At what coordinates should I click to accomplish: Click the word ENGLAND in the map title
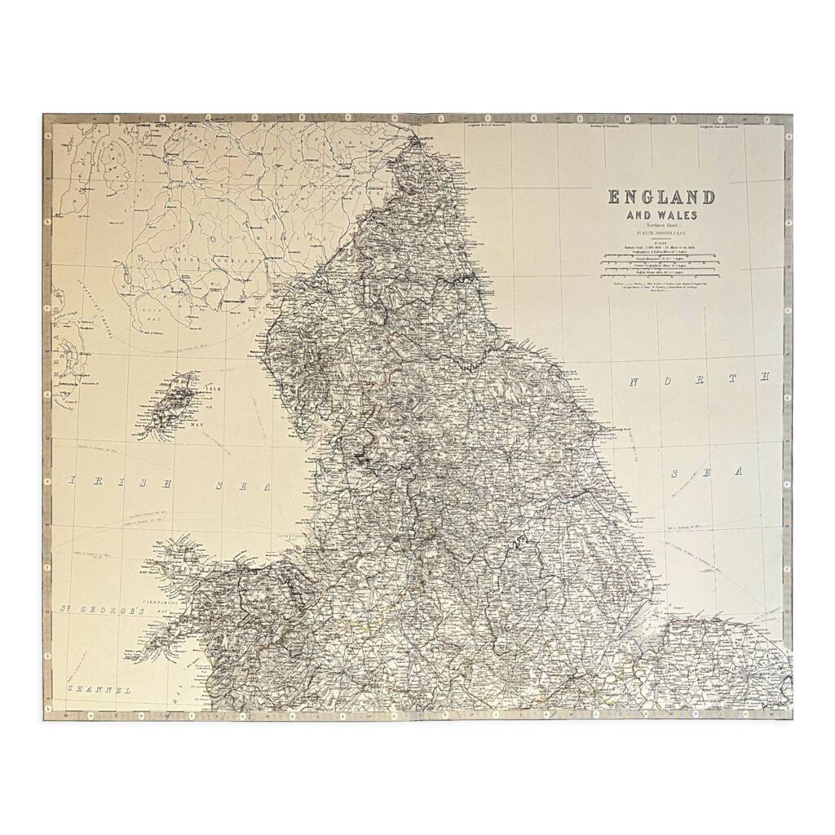click(x=660, y=198)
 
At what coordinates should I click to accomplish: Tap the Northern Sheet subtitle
click(x=660, y=226)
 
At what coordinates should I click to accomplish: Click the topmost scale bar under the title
click(x=660, y=257)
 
